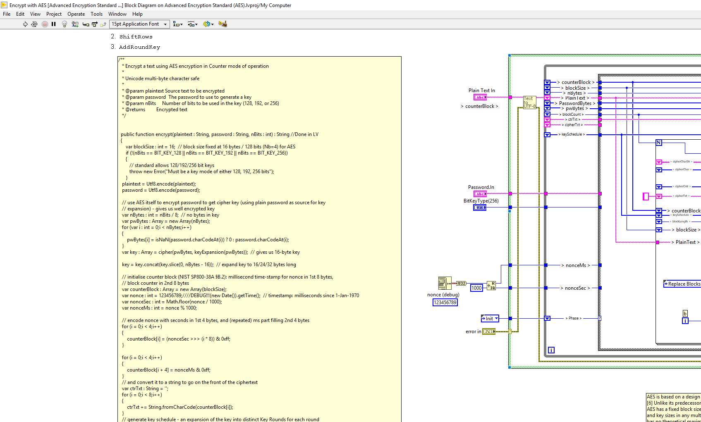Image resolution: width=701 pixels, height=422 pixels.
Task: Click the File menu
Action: (7, 14)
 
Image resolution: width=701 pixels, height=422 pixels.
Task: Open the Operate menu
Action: (76, 14)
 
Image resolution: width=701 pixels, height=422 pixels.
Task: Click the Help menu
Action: (137, 14)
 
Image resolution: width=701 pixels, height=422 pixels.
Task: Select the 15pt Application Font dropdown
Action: (139, 24)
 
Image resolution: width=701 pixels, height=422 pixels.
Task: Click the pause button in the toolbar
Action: (53, 24)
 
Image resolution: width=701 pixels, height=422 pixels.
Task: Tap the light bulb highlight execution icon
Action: (64, 24)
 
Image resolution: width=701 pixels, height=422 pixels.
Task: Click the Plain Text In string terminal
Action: (480, 97)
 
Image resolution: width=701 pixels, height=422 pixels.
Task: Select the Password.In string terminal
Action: (480, 194)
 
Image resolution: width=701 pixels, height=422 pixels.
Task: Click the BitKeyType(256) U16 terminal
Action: (479, 207)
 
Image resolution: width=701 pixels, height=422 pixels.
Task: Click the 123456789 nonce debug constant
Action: (445, 303)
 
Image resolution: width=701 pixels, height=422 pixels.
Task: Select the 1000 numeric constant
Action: (476, 288)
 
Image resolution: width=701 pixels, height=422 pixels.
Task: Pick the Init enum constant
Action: (490, 319)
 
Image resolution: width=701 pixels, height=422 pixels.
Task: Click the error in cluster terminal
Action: (488, 331)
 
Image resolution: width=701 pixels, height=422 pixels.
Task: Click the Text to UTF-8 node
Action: (529, 103)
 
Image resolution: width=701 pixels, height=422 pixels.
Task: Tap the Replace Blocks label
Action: (684, 284)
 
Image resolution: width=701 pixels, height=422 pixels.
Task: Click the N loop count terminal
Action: (659, 143)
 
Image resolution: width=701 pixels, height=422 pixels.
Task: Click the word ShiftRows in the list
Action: (136, 37)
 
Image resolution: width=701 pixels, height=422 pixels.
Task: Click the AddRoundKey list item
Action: (139, 47)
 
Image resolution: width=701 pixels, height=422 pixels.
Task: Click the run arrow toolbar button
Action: (25, 24)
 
